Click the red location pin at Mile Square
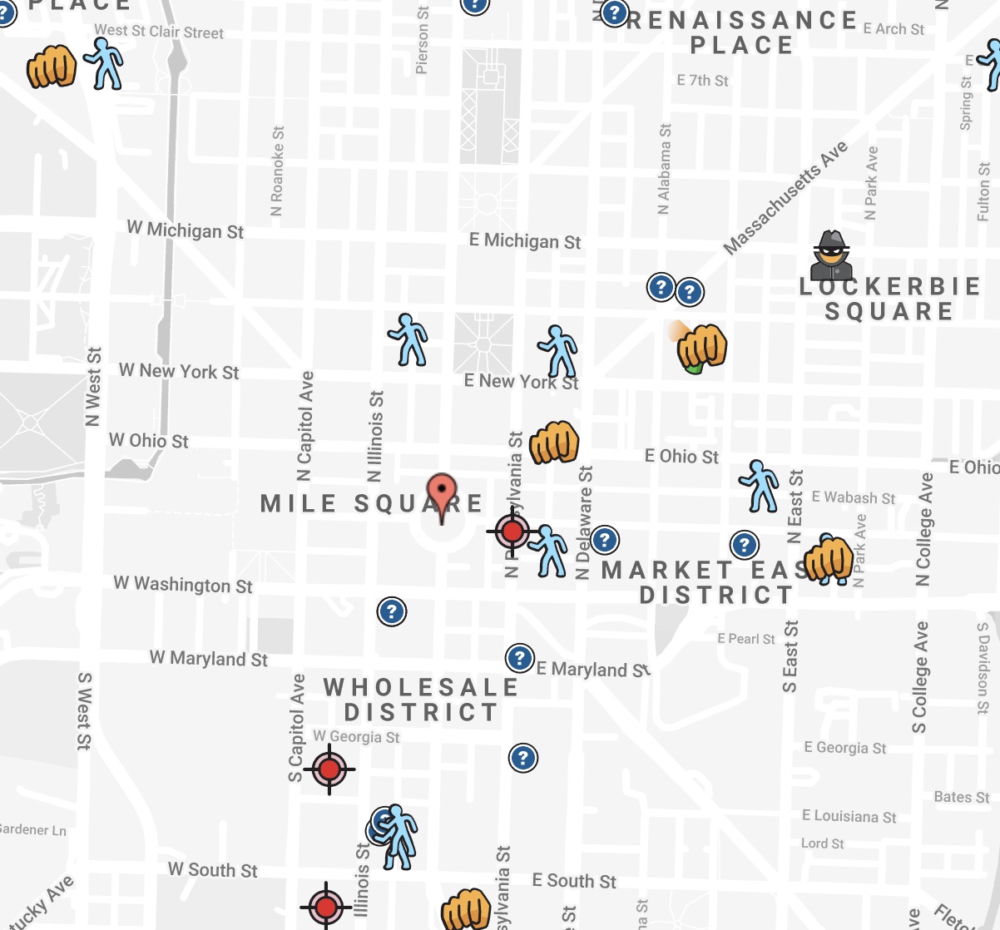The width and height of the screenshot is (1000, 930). pos(441,497)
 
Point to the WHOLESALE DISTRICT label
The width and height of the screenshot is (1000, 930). pos(421,700)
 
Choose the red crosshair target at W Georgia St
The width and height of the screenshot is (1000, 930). pos(329,769)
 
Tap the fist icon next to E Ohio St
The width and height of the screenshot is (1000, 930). pos(554,443)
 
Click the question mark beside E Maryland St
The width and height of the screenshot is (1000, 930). pos(520,659)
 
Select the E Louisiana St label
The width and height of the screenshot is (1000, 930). pos(849,816)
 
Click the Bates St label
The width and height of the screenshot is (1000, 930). pos(961,797)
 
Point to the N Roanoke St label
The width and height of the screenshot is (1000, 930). pos(278,171)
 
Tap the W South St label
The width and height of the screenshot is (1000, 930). pos(212,870)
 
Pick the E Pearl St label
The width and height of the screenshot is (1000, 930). pos(745,639)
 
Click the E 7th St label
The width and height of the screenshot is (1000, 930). pos(702,81)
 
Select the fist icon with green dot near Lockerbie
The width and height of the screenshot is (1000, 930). pos(701,347)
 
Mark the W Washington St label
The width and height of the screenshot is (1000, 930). pos(183,585)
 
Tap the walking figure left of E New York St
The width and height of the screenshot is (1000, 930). pos(408,339)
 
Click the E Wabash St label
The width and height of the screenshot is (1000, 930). pos(853,497)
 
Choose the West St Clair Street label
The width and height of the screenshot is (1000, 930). pos(158,32)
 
